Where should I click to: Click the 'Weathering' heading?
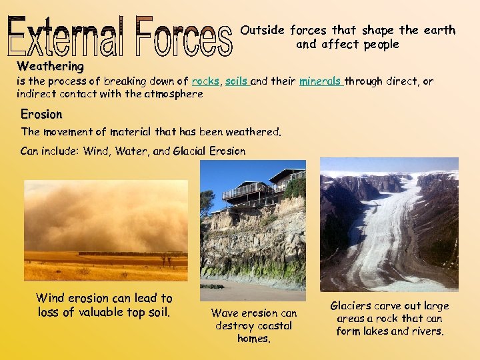click(51, 66)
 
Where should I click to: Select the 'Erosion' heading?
click(41, 114)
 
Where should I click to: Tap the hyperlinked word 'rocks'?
click(205, 81)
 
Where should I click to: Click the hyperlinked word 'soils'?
click(237, 81)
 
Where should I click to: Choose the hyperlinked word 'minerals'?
click(320, 81)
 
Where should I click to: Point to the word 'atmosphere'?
click(171, 94)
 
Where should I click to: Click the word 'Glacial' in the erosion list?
click(189, 151)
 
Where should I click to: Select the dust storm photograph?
click(106, 230)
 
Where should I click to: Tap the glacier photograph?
click(389, 224)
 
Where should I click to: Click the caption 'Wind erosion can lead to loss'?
click(104, 305)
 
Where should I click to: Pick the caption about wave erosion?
click(253, 325)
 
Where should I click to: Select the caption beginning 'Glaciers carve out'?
click(389, 319)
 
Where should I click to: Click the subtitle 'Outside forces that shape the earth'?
click(347, 31)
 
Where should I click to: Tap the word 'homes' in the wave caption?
click(253, 339)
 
